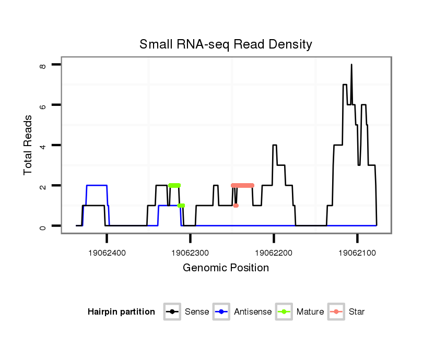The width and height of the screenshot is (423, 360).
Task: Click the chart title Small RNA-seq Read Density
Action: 226,44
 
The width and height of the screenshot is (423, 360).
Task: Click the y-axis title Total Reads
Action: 28,145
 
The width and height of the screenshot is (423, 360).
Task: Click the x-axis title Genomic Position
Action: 226,268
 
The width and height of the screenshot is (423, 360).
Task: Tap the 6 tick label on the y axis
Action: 43,105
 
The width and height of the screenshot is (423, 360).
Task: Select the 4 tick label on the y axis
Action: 43,145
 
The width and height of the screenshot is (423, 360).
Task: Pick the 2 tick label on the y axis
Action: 43,186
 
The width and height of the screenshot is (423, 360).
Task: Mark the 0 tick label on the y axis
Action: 43,226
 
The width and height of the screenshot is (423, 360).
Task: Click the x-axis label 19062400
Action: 107,253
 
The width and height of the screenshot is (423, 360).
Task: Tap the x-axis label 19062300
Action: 191,253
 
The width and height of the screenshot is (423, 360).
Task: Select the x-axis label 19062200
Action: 274,253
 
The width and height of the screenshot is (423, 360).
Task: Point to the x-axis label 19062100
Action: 357,253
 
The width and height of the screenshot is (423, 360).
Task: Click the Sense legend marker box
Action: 172,312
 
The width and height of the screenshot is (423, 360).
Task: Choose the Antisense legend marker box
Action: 222,312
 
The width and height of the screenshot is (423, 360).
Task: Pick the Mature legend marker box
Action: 284,312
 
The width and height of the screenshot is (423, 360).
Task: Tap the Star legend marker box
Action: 336,312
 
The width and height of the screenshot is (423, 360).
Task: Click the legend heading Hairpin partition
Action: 121,312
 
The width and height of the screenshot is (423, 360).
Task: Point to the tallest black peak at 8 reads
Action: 351,65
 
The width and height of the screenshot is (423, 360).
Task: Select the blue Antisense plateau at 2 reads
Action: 97,185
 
